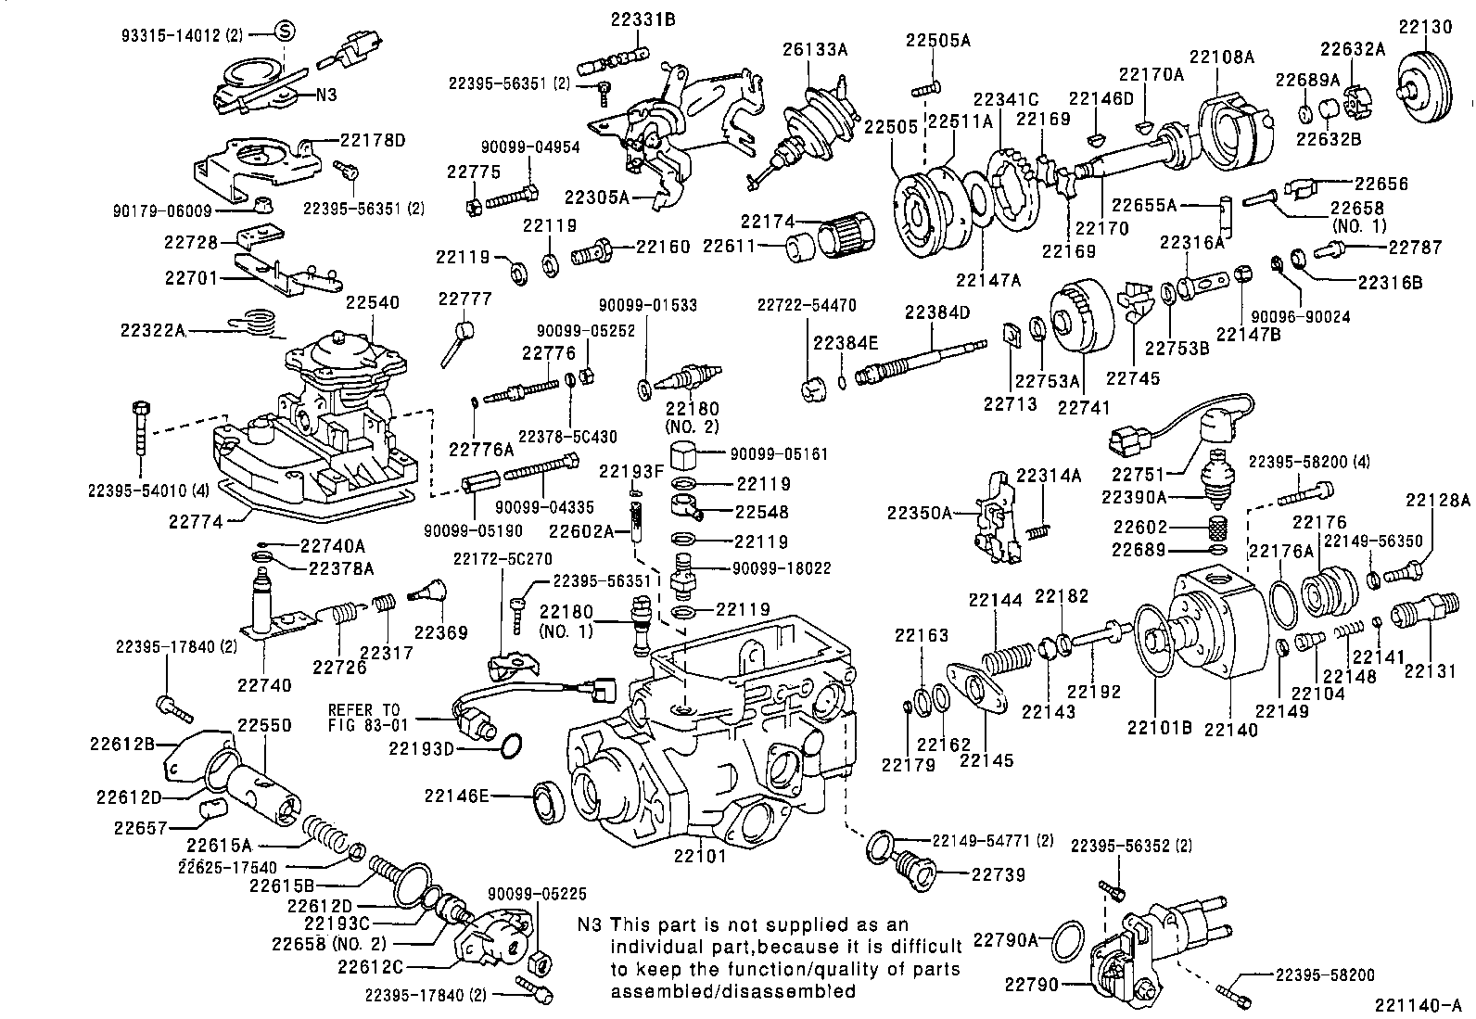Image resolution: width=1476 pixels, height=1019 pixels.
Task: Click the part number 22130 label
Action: click(x=1425, y=28)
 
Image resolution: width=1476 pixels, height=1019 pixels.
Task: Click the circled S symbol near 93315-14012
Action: click(x=285, y=32)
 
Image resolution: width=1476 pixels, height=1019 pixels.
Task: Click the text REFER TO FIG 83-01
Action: click(x=364, y=717)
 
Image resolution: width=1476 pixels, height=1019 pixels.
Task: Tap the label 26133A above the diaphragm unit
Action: click(x=816, y=48)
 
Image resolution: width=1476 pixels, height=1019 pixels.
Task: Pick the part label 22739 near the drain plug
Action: click(x=998, y=873)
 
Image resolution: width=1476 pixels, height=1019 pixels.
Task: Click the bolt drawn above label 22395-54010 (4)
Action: click(x=142, y=427)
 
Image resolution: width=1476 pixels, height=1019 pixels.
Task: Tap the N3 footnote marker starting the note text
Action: click(x=590, y=924)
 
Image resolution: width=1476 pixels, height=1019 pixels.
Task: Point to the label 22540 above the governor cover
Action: click(x=373, y=303)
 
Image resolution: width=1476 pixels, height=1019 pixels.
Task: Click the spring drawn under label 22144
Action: click(x=1007, y=659)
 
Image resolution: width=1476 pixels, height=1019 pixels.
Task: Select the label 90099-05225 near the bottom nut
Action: click(x=537, y=894)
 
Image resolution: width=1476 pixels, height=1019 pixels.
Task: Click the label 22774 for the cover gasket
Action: click(x=196, y=522)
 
